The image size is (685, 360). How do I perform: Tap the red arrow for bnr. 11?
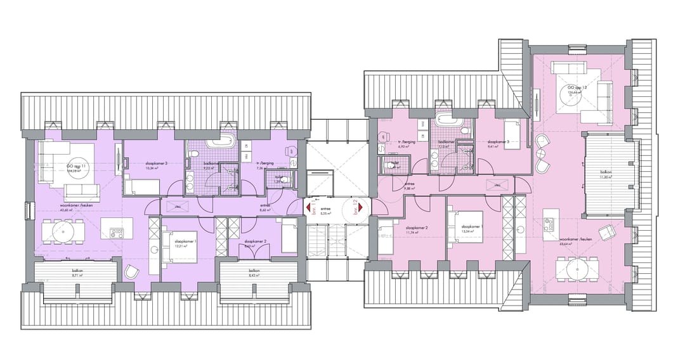(x=308, y=207)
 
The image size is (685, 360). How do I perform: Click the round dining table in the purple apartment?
(x=63, y=231)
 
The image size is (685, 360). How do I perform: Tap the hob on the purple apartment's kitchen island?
(x=117, y=232)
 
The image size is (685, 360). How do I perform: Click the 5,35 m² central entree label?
(x=327, y=211)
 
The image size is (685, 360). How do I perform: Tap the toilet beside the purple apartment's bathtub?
(x=195, y=154)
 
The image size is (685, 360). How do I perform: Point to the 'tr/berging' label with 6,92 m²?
(x=406, y=143)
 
